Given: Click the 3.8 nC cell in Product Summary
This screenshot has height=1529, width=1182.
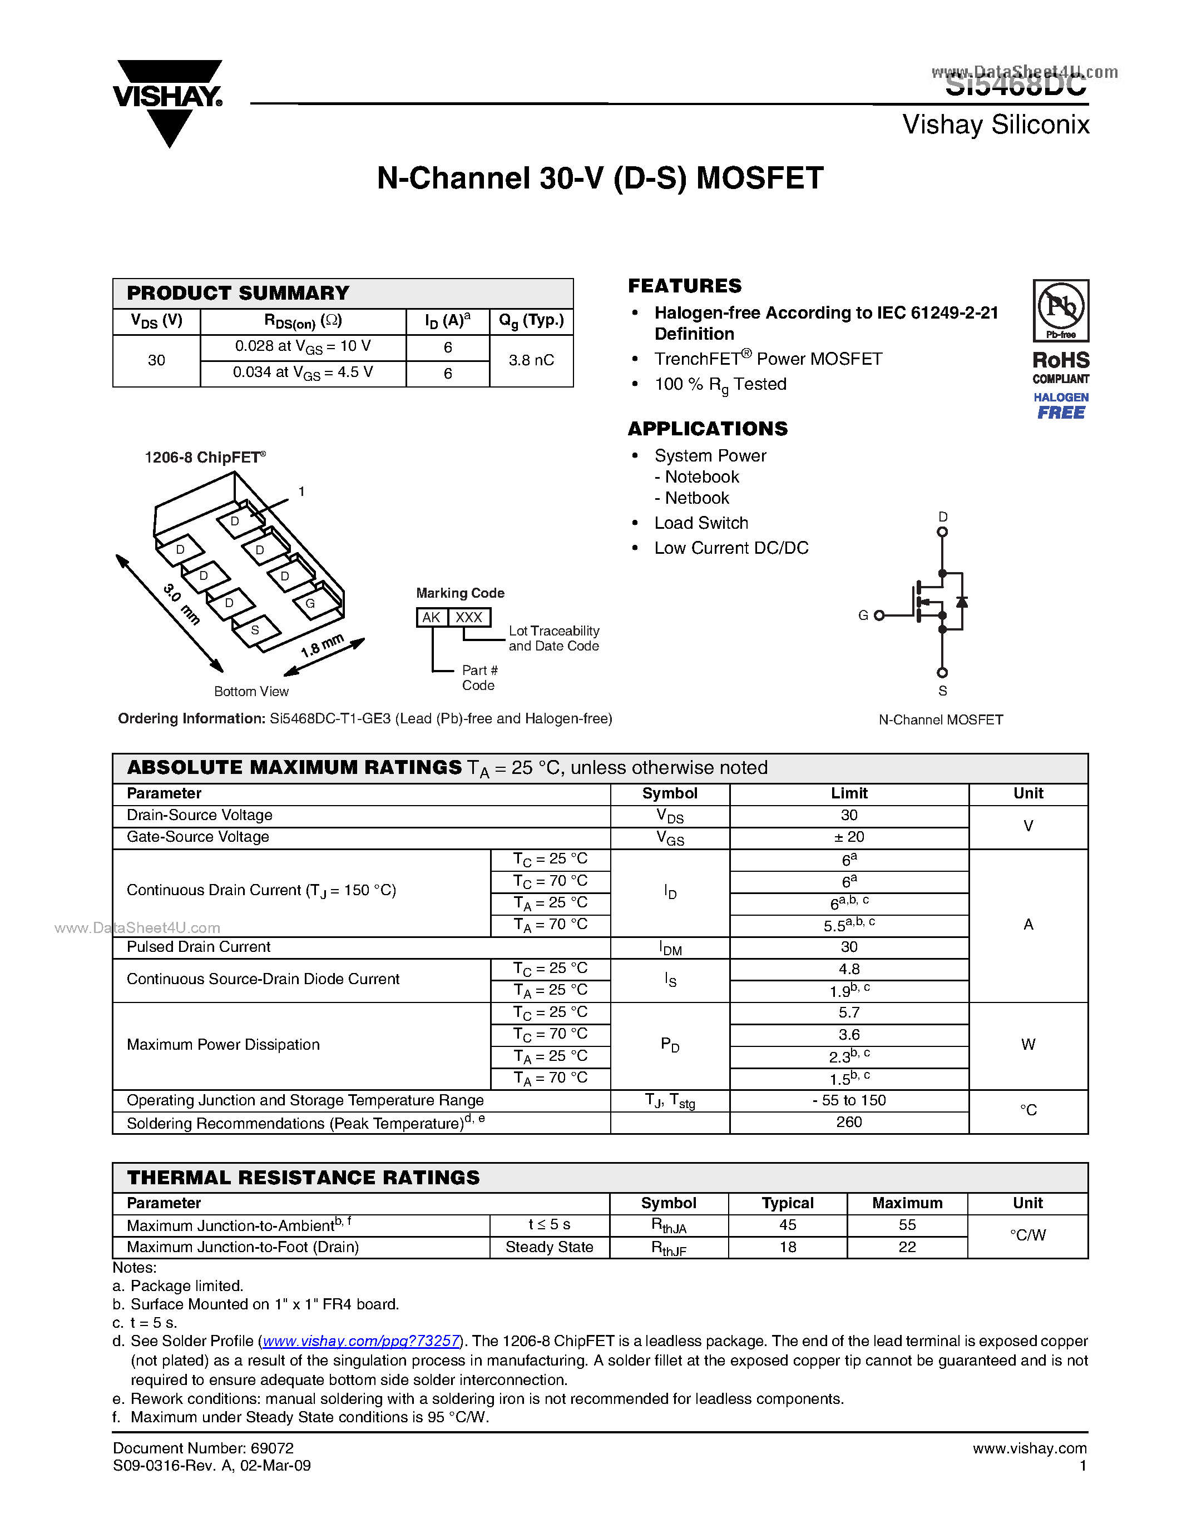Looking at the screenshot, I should click(x=531, y=360).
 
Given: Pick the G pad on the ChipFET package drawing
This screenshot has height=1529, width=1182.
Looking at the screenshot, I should click(x=310, y=603).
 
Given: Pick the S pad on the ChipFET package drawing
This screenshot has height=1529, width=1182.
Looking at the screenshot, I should click(x=255, y=630).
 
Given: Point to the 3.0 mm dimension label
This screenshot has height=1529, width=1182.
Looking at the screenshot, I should click(x=181, y=603).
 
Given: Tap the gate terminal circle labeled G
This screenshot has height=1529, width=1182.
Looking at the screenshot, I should click(x=879, y=615).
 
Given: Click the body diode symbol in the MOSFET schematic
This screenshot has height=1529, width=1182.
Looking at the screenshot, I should click(x=962, y=602).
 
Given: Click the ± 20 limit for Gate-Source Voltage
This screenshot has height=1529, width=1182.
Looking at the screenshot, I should click(x=849, y=837).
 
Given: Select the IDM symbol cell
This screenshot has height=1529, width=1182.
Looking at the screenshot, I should click(x=670, y=948).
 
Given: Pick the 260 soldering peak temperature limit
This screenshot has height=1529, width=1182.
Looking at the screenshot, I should click(x=849, y=1122).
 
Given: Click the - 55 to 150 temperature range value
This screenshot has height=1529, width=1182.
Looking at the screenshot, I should click(x=849, y=1100).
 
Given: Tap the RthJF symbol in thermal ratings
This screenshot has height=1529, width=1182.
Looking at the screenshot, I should click(x=669, y=1248).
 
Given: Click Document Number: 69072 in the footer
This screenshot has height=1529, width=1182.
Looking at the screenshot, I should click(x=203, y=1448).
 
